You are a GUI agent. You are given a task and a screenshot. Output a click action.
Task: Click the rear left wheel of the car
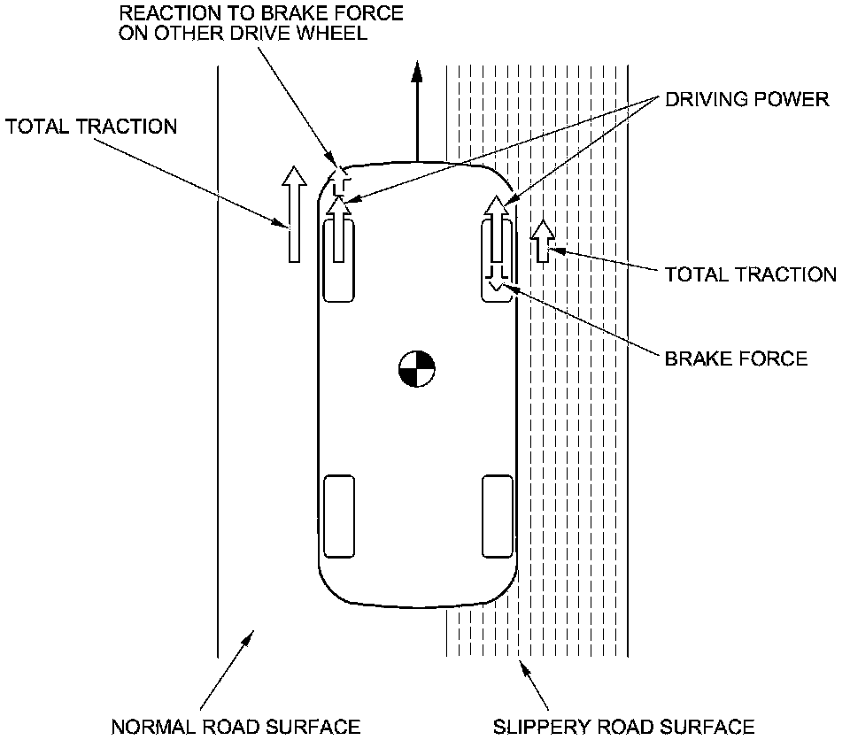pos(339,517)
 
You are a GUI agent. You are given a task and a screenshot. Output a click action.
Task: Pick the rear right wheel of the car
pos(497,517)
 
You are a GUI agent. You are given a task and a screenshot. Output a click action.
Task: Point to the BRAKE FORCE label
pos(736,358)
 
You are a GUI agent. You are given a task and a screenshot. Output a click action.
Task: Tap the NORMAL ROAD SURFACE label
pos(236,727)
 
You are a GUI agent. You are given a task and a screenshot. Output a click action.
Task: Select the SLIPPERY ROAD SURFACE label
pos(624,727)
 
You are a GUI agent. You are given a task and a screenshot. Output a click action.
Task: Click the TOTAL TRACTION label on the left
pos(91,127)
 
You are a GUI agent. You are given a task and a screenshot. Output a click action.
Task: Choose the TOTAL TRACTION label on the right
pos(751,274)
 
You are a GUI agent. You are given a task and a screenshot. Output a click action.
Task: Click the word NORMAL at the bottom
pos(150,727)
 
